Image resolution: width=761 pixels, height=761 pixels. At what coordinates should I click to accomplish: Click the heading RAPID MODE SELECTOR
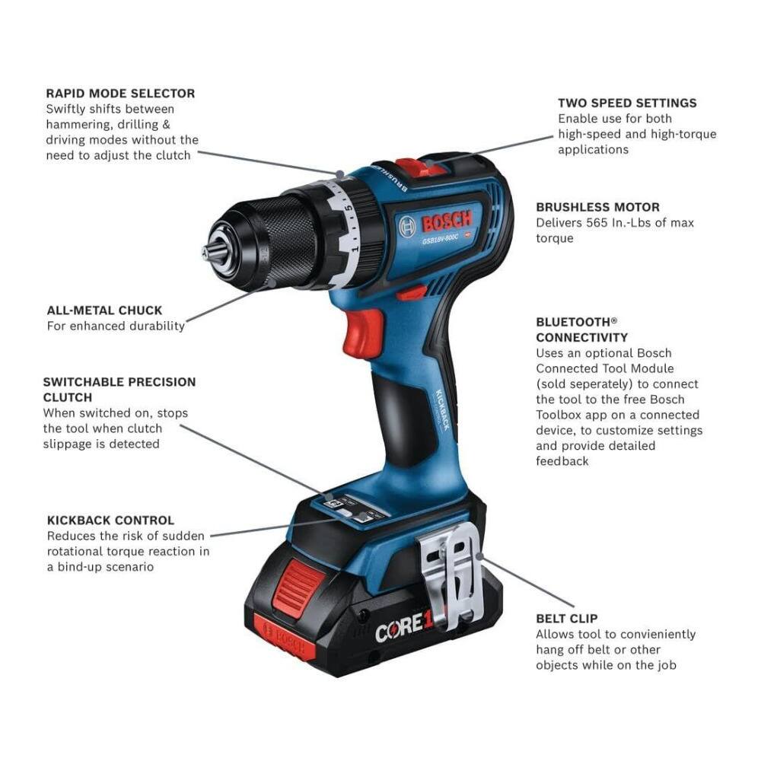coord(120,94)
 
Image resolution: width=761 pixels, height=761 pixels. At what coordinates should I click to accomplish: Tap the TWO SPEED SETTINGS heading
coord(627,103)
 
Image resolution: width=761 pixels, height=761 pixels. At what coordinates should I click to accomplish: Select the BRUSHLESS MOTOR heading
coord(597,207)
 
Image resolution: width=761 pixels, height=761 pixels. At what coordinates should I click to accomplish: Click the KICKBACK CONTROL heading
coord(110,521)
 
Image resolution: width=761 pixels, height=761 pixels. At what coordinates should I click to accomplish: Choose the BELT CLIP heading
coord(566,619)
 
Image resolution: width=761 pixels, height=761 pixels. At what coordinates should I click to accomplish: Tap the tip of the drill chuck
coord(205,252)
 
